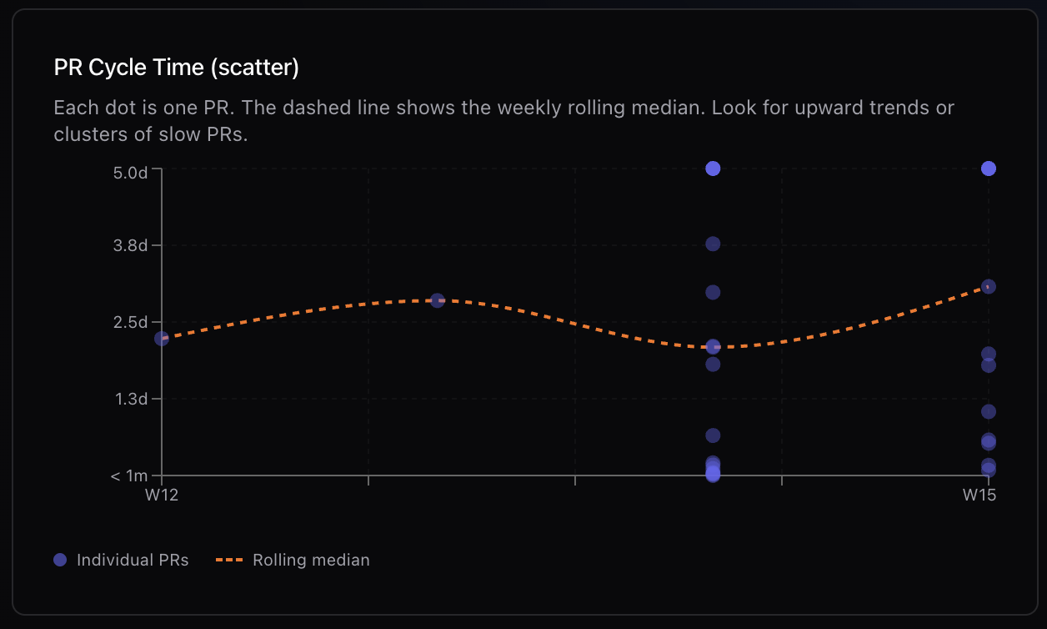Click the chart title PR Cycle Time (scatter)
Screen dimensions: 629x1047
coord(176,68)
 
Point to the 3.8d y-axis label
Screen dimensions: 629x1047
coord(132,245)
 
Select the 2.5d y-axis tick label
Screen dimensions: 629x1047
coord(132,322)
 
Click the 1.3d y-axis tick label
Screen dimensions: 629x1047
coord(132,399)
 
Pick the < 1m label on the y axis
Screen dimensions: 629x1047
coord(128,476)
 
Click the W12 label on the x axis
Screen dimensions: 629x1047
coord(162,495)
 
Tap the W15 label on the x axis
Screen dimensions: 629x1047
coord(979,495)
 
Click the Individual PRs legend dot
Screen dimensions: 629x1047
coord(60,560)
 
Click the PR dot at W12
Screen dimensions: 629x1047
coord(162,338)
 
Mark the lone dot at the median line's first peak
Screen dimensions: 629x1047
coord(437,300)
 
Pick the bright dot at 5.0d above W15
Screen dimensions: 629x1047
coord(989,169)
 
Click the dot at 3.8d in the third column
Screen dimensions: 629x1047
coord(713,244)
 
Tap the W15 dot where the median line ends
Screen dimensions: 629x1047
coord(989,286)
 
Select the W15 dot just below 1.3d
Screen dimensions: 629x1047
coord(989,411)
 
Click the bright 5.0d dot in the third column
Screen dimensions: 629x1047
coord(713,169)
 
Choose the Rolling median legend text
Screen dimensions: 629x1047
coord(311,560)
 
